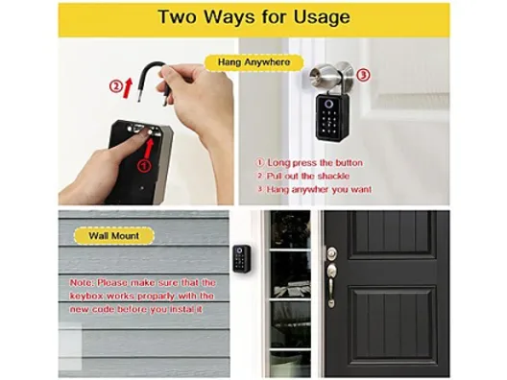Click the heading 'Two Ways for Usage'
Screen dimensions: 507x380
254,17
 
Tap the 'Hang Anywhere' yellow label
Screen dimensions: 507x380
254,62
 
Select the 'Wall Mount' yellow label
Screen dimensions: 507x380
114,235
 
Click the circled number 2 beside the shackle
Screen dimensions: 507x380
115,86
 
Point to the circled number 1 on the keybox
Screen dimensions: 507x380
144,166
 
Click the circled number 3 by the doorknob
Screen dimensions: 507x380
363,75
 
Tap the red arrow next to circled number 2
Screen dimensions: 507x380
128,87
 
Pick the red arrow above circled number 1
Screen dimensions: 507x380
149,148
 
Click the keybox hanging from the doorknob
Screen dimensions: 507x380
332,116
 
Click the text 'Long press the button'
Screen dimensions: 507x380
315,162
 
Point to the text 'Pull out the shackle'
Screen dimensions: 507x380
308,177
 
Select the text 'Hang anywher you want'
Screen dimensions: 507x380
319,189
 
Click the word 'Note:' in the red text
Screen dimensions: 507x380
83,283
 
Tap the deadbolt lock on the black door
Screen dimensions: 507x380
331,253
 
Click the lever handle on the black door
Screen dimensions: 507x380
331,284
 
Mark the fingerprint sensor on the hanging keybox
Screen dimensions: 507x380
328,104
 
